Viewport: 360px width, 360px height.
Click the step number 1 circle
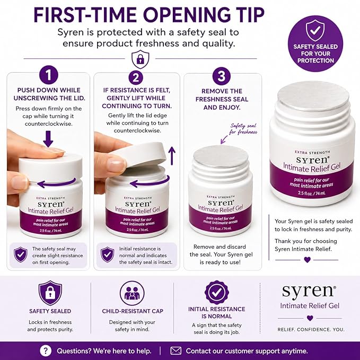click(x=48, y=75)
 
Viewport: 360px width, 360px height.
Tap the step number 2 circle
click(x=136, y=77)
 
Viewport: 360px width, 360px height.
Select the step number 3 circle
click(x=221, y=76)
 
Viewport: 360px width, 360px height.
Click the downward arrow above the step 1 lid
click(x=48, y=139)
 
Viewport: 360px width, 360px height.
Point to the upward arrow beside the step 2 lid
click(x=171, y=156)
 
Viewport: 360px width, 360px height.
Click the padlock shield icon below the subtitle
click(x=141, y=59)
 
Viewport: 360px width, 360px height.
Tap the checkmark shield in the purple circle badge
click(x=315, y=31)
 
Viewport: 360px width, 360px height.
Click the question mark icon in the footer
click(x=45, y=350)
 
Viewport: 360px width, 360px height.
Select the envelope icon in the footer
click(x=176, y=350)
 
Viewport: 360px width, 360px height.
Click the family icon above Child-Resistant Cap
click(x=132, y=293)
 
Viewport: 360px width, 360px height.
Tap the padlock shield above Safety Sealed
click(x=50, y=293)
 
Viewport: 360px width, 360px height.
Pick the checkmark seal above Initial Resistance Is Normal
click(x=216, y=292)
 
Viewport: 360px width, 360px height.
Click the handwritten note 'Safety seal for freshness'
click(x=243, y=129)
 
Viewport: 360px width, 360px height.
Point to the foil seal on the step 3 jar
click(x=221, y=156)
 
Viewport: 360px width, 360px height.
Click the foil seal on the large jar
click(x=313, y=96)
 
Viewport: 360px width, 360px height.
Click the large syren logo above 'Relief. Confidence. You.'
click(x=309, y=292)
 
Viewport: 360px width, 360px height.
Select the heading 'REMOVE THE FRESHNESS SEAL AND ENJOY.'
click(x=222, y=99)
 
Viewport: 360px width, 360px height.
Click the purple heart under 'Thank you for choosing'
click(x=307, y=259)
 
